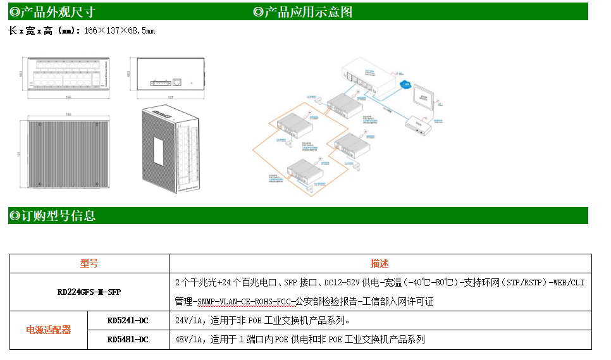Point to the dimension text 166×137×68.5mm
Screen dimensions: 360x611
coord(120,30)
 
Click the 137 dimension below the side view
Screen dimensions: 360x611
coord(170,97)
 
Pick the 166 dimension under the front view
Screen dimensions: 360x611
coord(68,97)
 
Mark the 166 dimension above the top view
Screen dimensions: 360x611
coord(68,115)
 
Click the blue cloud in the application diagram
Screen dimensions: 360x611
coord(406,85)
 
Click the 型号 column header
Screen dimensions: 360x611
coord(89,263)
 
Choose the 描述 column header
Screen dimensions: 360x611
coord(380,263)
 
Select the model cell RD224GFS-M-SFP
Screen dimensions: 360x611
coord(89,292)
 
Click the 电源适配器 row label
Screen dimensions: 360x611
coord(48,330)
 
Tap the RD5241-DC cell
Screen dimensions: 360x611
coord(128,320)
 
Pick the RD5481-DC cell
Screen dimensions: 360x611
coord(128,340)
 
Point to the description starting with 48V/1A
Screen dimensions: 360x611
coord(300,340)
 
